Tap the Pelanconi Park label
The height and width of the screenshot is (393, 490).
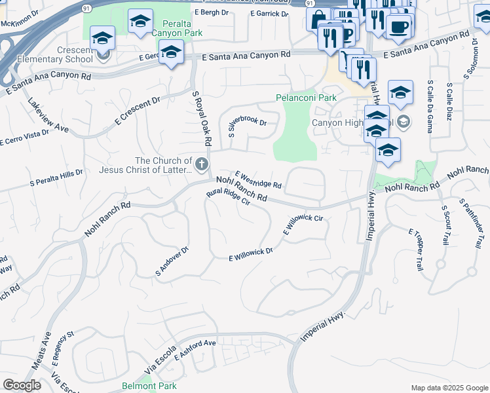pos(306,98)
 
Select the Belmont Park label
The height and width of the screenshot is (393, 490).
pos(149,386)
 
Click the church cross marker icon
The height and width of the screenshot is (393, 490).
pos(202,164)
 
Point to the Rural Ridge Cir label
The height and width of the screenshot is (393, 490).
pos(229,198)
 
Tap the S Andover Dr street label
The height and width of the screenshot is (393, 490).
pos(172,261)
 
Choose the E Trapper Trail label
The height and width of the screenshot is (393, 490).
pos(416,250)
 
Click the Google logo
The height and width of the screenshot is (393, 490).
pos(22,385)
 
